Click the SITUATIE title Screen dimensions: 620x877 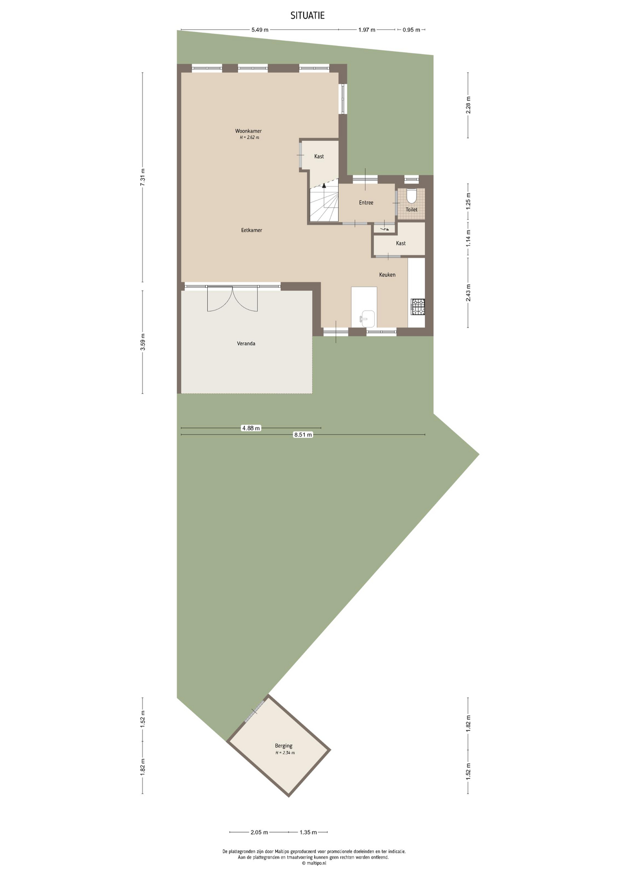click(x=307, y=16)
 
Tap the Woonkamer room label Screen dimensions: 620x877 click(x=248, y=131)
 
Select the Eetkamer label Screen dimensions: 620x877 click(x=252, y=230)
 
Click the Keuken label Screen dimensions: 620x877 click(x=387, y=275)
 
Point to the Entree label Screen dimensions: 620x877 click(x=366, y=202)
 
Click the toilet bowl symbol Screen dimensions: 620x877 click(x=411, y=196)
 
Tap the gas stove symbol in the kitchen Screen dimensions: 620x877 click(x=418, y=306)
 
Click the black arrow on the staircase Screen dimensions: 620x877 click(x=324, y=185)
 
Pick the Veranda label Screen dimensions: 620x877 click(x=246, y=343)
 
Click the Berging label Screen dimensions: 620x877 click(x=284, y=745)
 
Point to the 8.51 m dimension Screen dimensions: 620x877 click(x=303, y=435)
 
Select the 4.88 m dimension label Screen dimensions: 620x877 click(x=251, y=428)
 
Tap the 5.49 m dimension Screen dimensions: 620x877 click(x=260, y=30)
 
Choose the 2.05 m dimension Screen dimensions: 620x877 click(x=259, y=832)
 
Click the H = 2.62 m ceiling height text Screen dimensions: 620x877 click(x=249, y=137)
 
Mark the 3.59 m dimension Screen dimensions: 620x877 click(x=142, y=342)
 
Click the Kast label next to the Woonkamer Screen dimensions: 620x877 click(x=319, y=156)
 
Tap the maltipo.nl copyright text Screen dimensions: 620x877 click(x=314, y=863)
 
